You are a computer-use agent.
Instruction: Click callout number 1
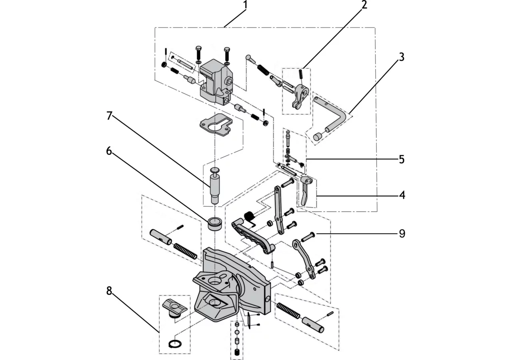pyautogui.click(x=245, y=5)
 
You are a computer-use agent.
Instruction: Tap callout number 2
pyautogui.click(x=364, y=5)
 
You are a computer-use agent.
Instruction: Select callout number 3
pyautogui.click(x=402, y=57)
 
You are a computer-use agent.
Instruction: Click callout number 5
pyautogui.click(x=402, y=159)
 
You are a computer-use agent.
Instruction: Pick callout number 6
pyautogui.click(x=109, y=151)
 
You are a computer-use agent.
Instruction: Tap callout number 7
pyautogui.click(x=109, y=116)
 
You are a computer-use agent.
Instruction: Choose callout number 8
pyautogui.click(x=109, y=291)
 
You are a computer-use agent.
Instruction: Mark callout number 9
pyautogui.click(x=402, y=234)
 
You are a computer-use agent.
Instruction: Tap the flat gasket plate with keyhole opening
pyautogui.click(x=216, y=125)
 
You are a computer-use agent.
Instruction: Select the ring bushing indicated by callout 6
pyautogui.click(x=215, y=224)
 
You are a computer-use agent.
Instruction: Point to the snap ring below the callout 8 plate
pyautogui.click(x=175, y=344)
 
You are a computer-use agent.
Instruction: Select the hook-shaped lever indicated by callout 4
pyautogui.click(x=306, y=190)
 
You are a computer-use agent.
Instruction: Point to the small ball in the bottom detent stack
pyautogui.click(x=237, y=332)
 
